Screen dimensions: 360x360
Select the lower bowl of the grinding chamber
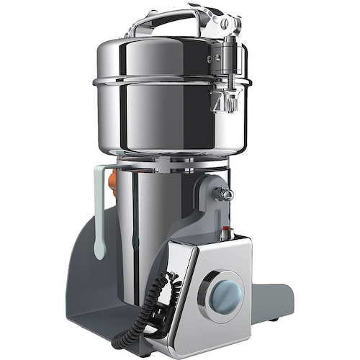[x=166, y=122]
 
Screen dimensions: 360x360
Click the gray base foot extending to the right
[x=277, y=295]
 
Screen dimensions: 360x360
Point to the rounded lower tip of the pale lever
[x=99, y=252]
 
